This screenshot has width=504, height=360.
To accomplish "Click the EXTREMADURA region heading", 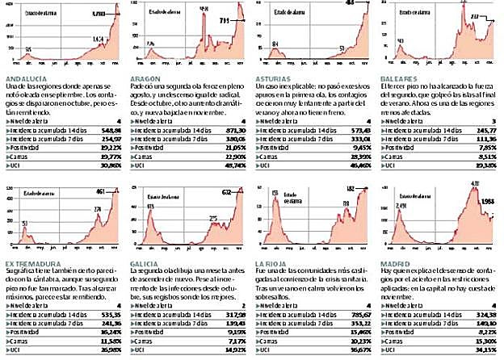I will click(x=31, y=263).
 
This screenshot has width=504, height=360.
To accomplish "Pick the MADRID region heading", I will click(x=394, y=263).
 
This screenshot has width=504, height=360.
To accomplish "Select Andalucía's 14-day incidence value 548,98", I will click(x=108, y=130).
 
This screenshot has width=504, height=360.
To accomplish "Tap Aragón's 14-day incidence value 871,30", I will click(x=233, y=130).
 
